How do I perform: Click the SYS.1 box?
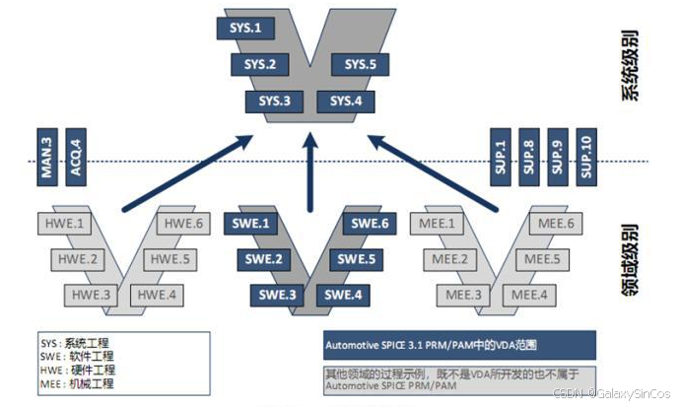coord(244,28)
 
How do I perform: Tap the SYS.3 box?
coord(275,102)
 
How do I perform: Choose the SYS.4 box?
coord(346,102)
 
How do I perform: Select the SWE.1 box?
coord(251,225)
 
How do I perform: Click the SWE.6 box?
coord(371,225)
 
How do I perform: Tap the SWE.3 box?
coord(279,294)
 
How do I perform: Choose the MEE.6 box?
coord(556,225)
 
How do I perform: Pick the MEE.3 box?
coord(463,294)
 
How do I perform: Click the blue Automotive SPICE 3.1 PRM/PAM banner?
coord(459,347)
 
